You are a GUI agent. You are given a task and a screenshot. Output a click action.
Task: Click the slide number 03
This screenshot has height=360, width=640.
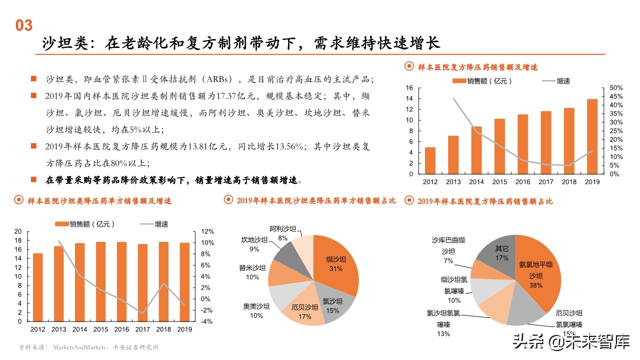24,25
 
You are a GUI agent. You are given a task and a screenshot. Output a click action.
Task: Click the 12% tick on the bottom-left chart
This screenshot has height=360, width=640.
207,231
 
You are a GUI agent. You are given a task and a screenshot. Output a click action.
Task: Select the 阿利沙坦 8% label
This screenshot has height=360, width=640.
283,233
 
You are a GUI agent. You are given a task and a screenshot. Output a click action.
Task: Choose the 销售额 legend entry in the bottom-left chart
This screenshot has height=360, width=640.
85,224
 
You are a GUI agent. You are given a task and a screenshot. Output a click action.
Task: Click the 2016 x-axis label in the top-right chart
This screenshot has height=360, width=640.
522,182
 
